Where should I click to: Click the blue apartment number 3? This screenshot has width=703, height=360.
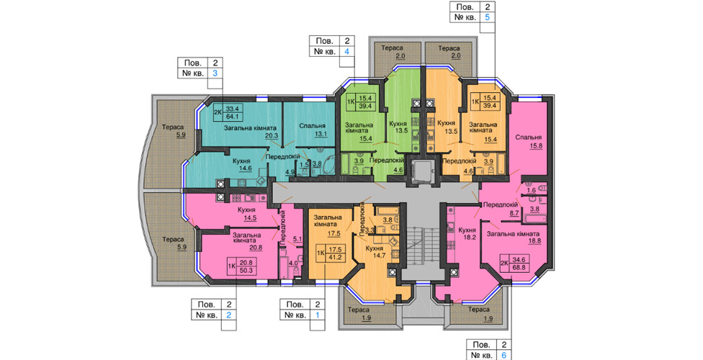point(215,73)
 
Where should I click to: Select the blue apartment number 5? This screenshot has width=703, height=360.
point(488,18)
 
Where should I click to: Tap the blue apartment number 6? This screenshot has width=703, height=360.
point(504,356)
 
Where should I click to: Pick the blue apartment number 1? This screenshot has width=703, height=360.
point(318,315)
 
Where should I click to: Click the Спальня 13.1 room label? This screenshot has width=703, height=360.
point(312,130)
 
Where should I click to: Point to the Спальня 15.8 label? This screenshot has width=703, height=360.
point(528,141)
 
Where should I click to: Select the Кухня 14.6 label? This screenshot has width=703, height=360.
point(245,165)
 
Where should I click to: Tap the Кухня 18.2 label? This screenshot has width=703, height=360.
point(467,233)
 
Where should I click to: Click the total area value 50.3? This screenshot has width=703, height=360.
point(246,270)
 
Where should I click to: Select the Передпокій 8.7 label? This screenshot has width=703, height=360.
point(501,209)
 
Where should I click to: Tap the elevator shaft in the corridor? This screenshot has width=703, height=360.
point(421,171)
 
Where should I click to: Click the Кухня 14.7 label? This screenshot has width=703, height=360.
point(374,252)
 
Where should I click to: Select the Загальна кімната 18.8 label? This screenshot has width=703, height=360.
point(514,237)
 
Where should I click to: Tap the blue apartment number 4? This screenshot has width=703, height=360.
point(346,51)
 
